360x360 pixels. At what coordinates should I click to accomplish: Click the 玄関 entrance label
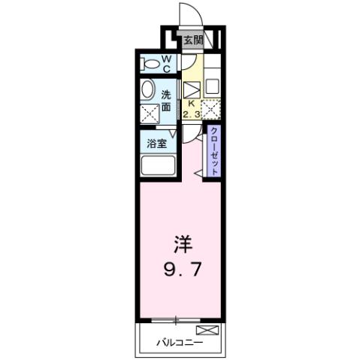pyautogui.click(x=190, y=40)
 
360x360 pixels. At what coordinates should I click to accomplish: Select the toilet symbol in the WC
pyautogui.click(x=150, y=62)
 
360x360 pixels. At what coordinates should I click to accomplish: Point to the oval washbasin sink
pyautogui.click(x=148, y=89)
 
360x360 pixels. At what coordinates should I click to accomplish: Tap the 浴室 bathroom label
pyautogui.click(x=156, y=143)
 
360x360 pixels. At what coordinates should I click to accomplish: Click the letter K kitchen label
pyautogui.click(x=191, y=104)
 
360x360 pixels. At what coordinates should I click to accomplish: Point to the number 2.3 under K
pyautogui.click(x=191, y=114)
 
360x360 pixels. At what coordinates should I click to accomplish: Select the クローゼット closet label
pyautogui.click(x=215, y=151)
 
